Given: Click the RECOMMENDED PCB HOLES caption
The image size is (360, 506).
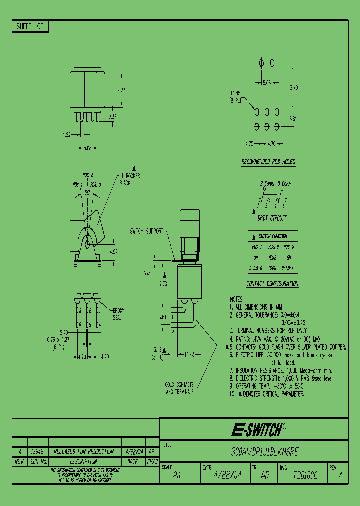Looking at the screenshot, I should (x=268, y=162).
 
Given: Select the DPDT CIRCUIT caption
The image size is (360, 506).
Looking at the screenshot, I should (x=272, y=218).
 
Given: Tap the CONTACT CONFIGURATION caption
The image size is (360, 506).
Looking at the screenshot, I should (x=272, y=284).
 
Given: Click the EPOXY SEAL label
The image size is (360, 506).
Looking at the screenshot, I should (x=119, y=313).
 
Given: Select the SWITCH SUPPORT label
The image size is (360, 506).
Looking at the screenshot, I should (x=147, y=232).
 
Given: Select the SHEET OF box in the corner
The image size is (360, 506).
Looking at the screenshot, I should (x=30, y=27).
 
